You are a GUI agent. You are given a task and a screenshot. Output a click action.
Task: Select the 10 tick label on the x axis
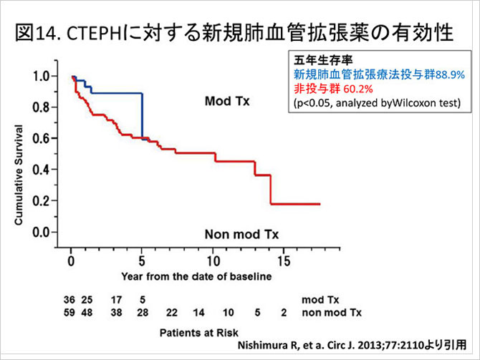pos(213,261)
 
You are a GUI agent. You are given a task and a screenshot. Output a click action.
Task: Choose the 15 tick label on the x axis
pos(284,261)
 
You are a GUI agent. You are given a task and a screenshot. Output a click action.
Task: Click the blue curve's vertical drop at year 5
pos(143,115)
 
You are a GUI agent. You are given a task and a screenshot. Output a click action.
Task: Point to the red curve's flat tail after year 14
pos(295,204)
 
